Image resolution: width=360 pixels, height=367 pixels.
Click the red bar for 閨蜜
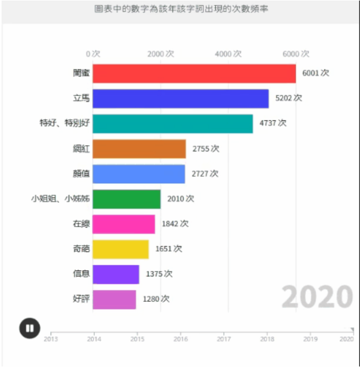point(194,74)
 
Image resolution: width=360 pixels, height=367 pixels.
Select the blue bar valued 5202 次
point(180,99)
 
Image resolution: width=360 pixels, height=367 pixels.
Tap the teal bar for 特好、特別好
point(172,123)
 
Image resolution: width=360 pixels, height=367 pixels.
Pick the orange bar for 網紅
point(139,149)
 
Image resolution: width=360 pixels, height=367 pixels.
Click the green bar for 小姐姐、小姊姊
point(126,199)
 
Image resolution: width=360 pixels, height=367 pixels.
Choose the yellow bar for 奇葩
point(120,249)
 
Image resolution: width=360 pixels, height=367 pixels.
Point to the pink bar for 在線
point(124,224)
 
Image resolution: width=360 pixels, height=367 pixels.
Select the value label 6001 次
point(315,73)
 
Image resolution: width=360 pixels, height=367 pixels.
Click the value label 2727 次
point(205,174)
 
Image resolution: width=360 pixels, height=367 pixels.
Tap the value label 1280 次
point(156,299)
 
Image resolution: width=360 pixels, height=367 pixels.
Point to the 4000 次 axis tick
point(229,53)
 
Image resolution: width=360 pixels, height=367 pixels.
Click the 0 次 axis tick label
point(93,53)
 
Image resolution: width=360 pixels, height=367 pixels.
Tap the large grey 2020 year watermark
point(317,297)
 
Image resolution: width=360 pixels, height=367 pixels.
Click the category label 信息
point(81,274)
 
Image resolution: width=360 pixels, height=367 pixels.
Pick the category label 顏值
point(81,174)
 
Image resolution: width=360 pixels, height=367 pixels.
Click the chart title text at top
point(180,10)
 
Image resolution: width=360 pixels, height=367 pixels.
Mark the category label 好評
point(81,299)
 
